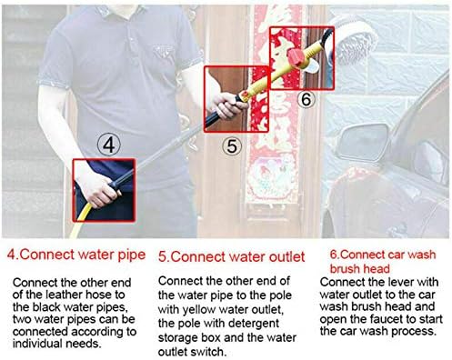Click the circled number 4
point(109,145)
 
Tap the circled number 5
point(232,146)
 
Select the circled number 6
point(306,99)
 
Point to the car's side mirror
point(363,142)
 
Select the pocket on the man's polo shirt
point(164,52)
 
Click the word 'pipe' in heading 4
point(131,255)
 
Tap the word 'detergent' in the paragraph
point(254,324)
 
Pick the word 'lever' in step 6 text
point(401,283)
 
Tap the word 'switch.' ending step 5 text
point(209,352)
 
